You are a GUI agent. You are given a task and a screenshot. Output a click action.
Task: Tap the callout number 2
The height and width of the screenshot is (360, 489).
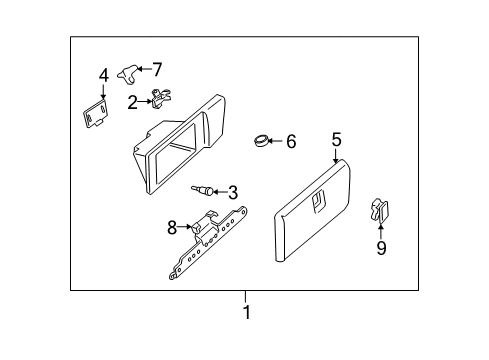click(133, 102)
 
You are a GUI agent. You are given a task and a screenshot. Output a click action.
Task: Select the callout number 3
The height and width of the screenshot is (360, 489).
click(232, 193)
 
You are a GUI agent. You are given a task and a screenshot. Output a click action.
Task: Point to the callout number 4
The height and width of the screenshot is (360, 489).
click(103, 76)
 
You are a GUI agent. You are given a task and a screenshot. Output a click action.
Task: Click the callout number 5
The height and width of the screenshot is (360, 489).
click(336, 140)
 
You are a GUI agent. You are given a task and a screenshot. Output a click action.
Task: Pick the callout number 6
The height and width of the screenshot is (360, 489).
click(291, 142)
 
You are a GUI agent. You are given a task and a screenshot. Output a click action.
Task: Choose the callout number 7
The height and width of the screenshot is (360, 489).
click(156, 69)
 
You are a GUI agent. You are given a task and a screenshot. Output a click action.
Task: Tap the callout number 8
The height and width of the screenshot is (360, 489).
click(172, 228)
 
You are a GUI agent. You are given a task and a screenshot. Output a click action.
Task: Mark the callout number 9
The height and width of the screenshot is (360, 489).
click(381, 248)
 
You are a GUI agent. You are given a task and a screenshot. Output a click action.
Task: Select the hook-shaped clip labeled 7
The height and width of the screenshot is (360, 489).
click(126, 71)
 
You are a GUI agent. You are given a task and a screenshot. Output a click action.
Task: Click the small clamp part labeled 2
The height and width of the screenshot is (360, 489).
click(158, 99)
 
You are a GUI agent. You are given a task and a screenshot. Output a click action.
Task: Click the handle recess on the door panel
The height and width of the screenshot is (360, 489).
click(319, 202)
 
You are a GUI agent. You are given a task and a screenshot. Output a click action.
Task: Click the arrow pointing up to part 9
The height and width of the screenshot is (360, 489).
click(381, 230)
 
